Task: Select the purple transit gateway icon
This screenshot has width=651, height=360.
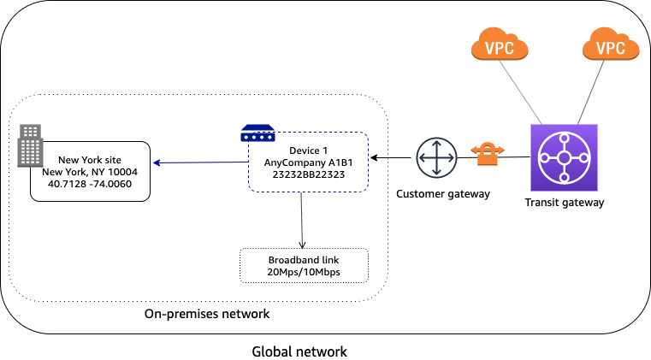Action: click(x=564, y=158)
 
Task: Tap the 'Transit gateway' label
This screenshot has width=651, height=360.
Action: click(x=564, y=203)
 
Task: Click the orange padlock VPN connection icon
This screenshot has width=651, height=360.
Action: click(x=488, y=155)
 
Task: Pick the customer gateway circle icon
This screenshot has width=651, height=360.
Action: click(x=436, y=159)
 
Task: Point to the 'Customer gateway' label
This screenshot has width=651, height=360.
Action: click(x=443, y=194)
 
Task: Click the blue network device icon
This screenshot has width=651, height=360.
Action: click(x=257, y=133)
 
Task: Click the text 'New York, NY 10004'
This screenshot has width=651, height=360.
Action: click(x=90, y=171)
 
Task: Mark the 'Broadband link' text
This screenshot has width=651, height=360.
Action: click(x=304, y=259)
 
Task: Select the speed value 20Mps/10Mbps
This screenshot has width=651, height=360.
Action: click(x=304, y=272)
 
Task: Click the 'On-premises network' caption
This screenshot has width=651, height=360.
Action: click(x=207, y=314)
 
